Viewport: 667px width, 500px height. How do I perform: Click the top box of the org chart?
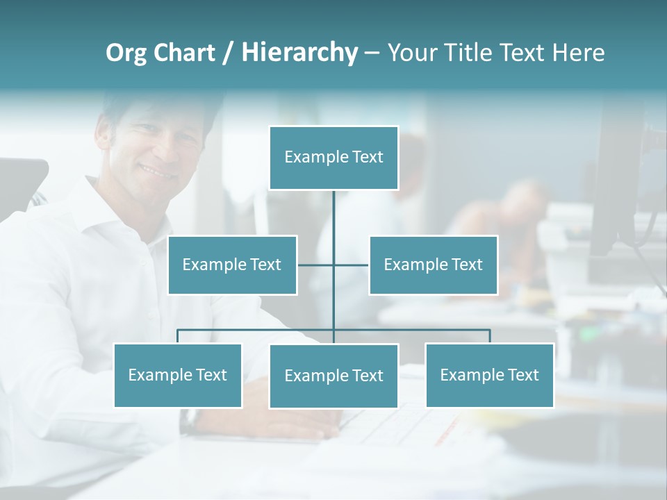[333, 158]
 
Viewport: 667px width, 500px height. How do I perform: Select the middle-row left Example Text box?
[232, 265]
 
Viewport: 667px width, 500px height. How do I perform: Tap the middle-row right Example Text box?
[433, 265]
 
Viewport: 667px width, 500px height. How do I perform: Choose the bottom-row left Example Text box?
[178, 375]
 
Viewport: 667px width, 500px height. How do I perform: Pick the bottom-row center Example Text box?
[333, 376]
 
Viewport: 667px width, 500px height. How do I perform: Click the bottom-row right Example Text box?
[489, 375]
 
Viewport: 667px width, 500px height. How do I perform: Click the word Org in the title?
[126, 53]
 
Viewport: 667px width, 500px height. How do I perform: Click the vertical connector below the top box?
[333, 222]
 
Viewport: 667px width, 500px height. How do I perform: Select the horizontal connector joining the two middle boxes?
[316, 265]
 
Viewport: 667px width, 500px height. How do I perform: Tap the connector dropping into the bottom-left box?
[178, 336]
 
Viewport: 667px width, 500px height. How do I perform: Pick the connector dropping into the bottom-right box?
[489, 336]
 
